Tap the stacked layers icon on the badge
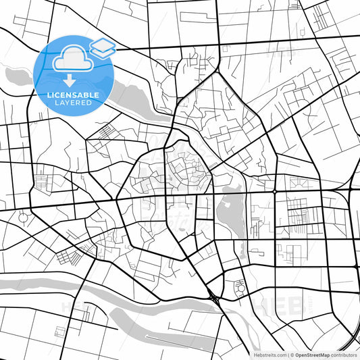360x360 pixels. (103, 47)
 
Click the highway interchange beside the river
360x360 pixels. (213, 294)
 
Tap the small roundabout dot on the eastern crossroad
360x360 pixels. (275, 192)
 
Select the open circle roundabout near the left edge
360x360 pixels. (24, 217)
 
